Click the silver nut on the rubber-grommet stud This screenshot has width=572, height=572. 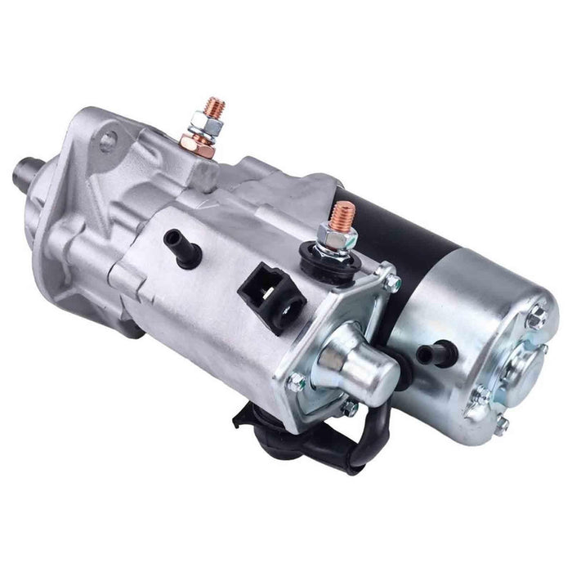click(x=337, y=237)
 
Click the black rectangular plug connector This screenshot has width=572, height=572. click(x=266, y=295)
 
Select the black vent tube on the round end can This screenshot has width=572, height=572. click(x=429, y=354)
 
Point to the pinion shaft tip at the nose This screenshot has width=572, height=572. click(x=24, y=172)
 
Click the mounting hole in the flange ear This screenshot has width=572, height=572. click(x=106, y=142)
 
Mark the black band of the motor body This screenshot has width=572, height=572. click(x=400, y=237)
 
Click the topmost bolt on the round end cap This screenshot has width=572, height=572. click(x=535, y=315)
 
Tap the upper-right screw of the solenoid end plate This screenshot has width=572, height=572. click(x=393, y=282)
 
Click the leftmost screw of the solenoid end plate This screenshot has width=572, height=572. click(x=297, y=380)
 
